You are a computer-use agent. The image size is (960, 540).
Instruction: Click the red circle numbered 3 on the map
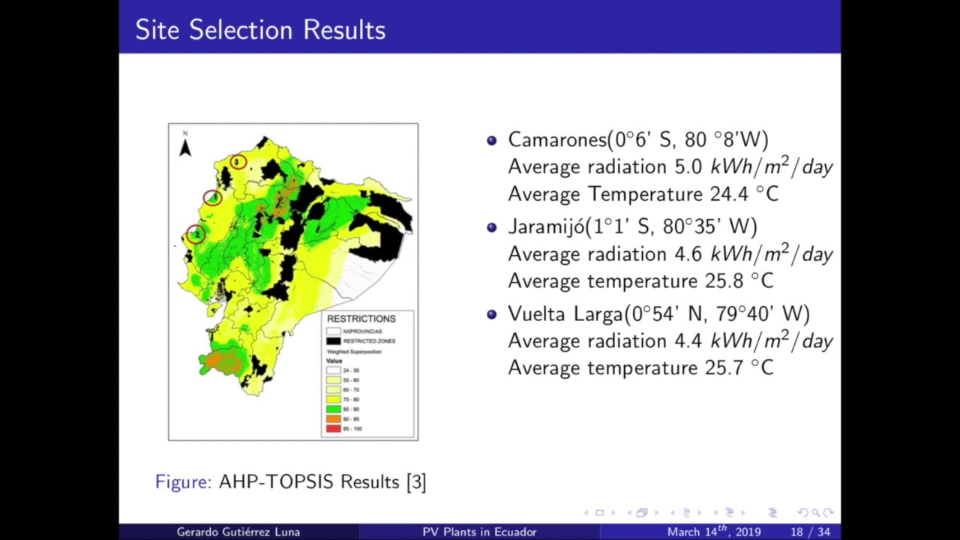point(238,161)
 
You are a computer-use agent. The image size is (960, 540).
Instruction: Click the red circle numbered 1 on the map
point(212,198)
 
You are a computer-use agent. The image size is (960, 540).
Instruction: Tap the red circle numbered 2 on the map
point(195,234)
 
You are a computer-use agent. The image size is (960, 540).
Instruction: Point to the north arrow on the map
point(185,145)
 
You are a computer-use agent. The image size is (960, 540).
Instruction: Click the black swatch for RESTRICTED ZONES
point(334,341)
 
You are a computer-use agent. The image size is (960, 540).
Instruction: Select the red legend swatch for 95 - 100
point(334,429)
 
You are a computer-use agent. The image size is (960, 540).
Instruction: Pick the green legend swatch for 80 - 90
point(334,409)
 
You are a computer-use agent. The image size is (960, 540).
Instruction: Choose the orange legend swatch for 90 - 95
point(334,419)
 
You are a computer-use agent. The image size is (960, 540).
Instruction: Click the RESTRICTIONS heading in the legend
point(361,319)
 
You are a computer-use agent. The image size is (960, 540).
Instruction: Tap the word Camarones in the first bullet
point(557,139)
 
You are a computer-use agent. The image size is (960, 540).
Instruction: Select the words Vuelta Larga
point(566,313)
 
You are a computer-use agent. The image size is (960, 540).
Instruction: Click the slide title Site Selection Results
point(260,30)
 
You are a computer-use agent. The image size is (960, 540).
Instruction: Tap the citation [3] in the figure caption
point(415,481)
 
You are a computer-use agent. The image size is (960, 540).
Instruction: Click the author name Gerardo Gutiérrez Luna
point(238,532)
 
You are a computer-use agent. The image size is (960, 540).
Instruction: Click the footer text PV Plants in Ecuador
point(479,532)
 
